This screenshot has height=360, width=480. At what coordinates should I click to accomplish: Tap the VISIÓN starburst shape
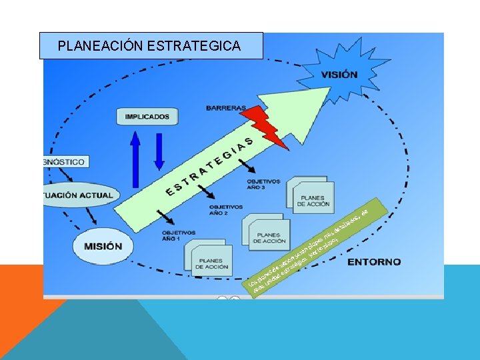(339, 75)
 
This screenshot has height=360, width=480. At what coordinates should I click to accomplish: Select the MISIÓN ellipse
(103, 246)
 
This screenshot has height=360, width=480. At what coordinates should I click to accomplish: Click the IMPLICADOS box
(147, 117)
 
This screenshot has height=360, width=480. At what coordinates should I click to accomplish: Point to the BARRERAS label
(226, 107)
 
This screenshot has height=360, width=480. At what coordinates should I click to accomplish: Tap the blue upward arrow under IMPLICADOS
(135, 158)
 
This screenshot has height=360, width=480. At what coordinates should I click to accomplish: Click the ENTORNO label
(375, 261)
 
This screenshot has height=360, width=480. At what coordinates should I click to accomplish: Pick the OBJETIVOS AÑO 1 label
(179, 235)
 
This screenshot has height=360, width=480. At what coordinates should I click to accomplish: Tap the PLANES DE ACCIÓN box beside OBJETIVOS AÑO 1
(212, 262)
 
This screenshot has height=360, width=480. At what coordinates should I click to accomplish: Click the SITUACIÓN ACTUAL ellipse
(80, 195)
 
